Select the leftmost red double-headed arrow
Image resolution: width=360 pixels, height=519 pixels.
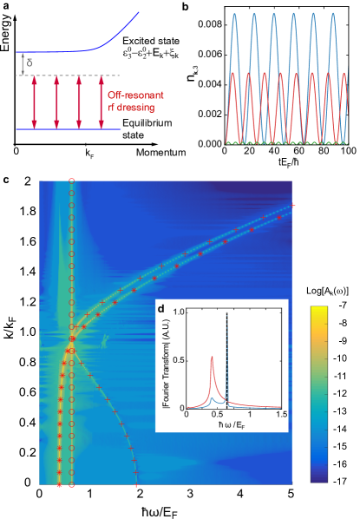click(x=35, y=102)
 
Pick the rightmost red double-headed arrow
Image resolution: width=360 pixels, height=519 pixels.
click(x=102, y=102)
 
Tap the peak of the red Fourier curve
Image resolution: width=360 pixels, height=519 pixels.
click(x=213, y=356)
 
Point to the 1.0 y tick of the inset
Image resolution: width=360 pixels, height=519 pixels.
click(x=180, y=310)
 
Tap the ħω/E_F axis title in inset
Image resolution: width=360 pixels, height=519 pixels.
click(x=232, y=426)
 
